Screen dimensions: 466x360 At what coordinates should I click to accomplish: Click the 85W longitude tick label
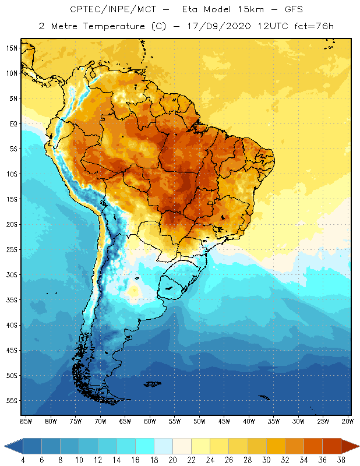pyautogui.click(x=26, y=421)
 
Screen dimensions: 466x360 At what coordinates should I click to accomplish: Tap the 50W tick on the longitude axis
pyautogui.click(x=199, y=421)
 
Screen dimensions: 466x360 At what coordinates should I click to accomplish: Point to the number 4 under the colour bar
pyautogui.click(x=23, y=460)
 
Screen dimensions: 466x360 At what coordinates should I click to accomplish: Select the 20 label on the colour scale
pyautogui.click(x=172, y=460)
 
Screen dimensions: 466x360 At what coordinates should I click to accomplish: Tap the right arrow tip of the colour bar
pyautogui.click(x=358, y=446)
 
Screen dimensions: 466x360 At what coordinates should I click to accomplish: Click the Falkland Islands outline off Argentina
pyautogui.click(x=153, y=383)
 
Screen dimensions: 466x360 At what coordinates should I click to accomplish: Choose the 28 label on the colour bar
pyautogui.click(x=247, y=460)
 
